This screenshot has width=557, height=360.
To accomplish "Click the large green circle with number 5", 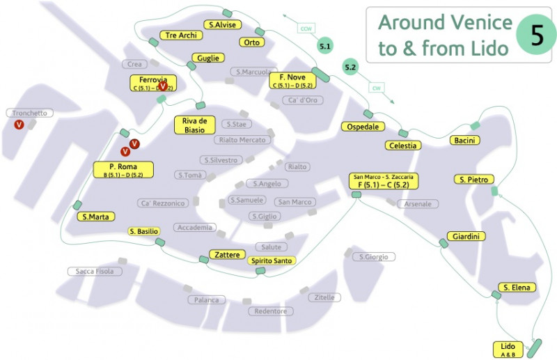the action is click(x=536, y=35).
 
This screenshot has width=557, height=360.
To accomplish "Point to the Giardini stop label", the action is click(x=466, y=237).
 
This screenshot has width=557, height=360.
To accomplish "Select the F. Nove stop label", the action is click(x=292, y=80).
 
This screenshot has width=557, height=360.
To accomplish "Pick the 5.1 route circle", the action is click(x=325, y=46).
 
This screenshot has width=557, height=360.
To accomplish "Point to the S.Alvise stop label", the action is click(x=223, y=24).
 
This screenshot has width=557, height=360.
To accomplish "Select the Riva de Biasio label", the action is click(x=194, y=125).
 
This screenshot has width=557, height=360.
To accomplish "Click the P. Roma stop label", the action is click(x=123, y=170).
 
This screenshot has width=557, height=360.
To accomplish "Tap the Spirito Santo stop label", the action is click(x=272, y=260).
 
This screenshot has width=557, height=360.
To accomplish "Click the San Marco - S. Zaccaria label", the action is click(x=384, y=181).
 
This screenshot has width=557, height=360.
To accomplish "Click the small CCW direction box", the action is click(x=306, y=28).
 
